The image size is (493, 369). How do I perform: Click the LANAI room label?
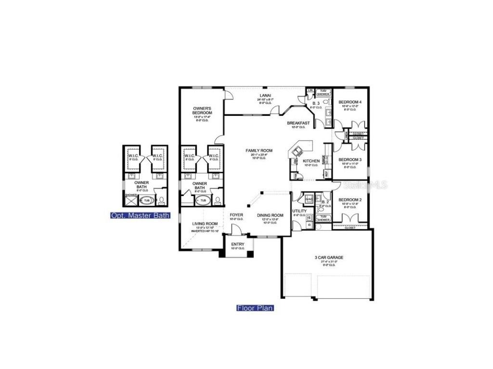[266, 96]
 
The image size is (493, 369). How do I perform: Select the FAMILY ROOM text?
[259, 151]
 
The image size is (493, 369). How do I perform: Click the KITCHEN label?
[311, 161]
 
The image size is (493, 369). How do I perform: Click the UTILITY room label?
[299, 211]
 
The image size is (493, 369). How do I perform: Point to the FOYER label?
[236, 215]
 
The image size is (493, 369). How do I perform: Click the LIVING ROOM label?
[205, 224]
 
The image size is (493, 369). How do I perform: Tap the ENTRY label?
[237, 245]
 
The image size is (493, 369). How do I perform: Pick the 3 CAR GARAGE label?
[329, 258]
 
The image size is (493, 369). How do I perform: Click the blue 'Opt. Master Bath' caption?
[140, 215]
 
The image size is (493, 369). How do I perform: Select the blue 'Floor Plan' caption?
[255, 308]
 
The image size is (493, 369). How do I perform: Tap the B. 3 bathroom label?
[316, 103]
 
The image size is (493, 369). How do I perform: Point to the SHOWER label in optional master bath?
[131, 195]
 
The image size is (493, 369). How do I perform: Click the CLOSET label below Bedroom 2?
[350, 228]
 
